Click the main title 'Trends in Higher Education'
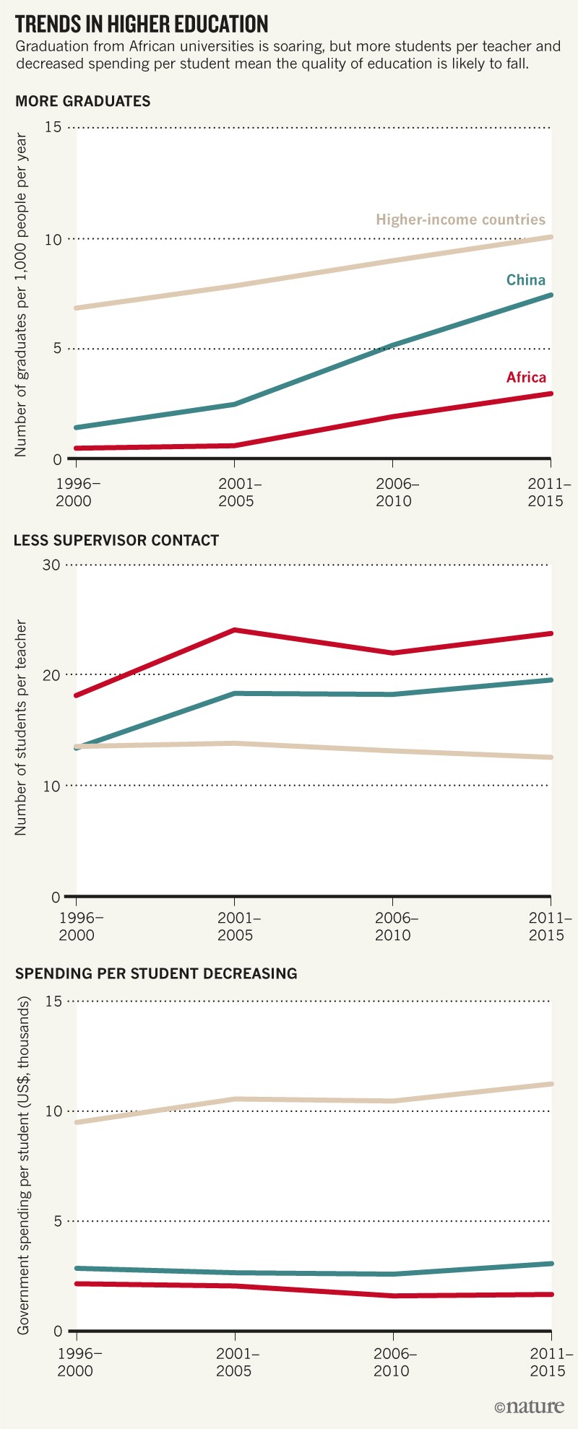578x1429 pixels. pos(142,25)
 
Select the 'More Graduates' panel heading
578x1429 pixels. pos(83,101)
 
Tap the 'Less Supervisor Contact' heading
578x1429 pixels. pos(116,540)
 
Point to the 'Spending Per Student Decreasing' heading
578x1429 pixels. pos(156,973)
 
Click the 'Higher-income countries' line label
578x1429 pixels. pos(460,220)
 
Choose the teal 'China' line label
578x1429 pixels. pos(525,280)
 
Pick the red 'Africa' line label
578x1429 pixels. pos(526,377)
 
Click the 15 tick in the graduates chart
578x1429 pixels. pos(53,128)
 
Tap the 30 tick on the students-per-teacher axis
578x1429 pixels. pos(51,564)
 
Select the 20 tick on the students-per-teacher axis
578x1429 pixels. pos(51,674)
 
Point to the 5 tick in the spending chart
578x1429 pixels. pos(56,1221)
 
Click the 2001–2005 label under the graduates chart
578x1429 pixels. pos(237,492)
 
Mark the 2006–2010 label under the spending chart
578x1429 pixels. pos(392,1362)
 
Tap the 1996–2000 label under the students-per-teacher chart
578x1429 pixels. pos(77,926)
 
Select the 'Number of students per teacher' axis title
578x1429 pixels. pos(21,728)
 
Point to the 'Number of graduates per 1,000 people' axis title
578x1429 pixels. pos(21,295)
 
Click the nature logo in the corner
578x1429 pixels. pos(529,1406)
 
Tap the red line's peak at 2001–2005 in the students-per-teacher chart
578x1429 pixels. pos(234,630)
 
